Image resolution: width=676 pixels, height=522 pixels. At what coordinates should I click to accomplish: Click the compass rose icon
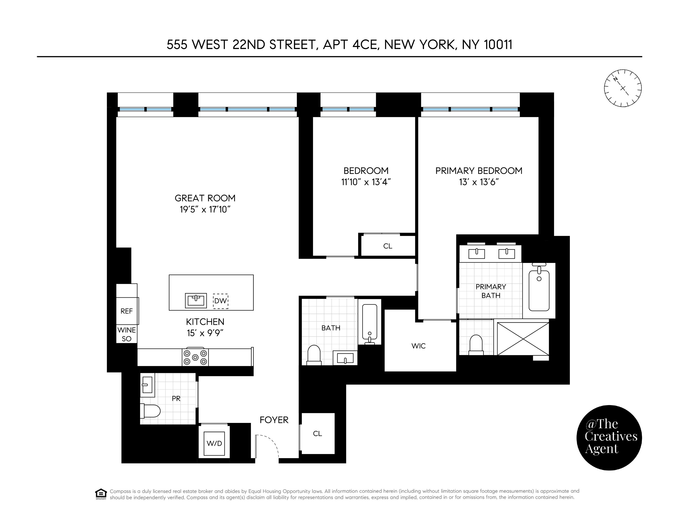click(x=623, y=88)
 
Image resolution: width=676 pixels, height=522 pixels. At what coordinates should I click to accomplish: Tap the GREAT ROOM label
click(x=205, y=198)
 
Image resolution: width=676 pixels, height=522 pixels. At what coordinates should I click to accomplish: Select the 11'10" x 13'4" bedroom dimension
click(x=366, y=182)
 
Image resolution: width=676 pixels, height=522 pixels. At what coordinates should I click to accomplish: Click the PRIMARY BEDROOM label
click(x=479, y=171)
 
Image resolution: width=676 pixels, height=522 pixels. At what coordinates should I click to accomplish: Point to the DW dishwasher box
click(x=220, y=301)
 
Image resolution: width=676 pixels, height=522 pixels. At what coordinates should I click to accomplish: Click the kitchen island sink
click(x=196, y=300)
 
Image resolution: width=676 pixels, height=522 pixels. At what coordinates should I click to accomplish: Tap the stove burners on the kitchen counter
click(x=195, y=357)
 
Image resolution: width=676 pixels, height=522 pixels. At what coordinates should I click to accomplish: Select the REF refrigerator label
click(x=126, y=311)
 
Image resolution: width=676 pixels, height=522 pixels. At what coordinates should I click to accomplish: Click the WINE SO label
click(x=126, y=334)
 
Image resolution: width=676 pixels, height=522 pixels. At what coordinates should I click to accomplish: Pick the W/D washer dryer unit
click(x=214, y=443)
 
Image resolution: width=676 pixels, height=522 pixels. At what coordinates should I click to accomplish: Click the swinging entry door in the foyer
click(x=267, y=445)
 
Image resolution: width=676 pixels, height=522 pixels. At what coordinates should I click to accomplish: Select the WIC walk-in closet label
click(x=418, y=346)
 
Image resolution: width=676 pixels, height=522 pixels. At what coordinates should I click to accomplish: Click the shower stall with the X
click(x=523, y=339)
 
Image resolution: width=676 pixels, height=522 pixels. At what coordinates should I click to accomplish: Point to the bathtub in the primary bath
click(x=539, y=291)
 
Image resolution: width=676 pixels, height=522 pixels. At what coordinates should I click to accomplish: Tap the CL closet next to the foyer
click(x=318, y=434)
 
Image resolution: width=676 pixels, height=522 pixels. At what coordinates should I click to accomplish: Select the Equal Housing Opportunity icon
click(x=101, y=494)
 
